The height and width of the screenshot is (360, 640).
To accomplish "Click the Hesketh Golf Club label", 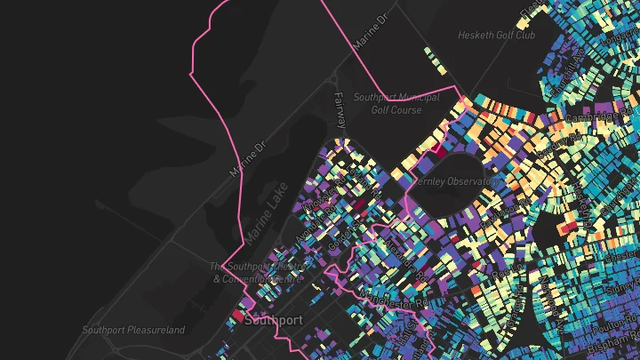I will tap(496, 36).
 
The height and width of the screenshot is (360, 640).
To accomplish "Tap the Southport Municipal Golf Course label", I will tap(396, 102).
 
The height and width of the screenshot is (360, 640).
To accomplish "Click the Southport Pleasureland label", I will tap(133, 330).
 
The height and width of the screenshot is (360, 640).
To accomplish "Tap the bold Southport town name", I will tap(273, 320).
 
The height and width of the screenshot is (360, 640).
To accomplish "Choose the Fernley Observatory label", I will tap(456, 180).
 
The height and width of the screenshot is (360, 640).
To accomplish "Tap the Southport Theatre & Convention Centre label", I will tap(258, 273).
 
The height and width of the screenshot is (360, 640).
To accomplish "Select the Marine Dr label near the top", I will tap(371, 31).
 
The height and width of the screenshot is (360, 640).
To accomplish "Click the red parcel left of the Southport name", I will tap(238, 316).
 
